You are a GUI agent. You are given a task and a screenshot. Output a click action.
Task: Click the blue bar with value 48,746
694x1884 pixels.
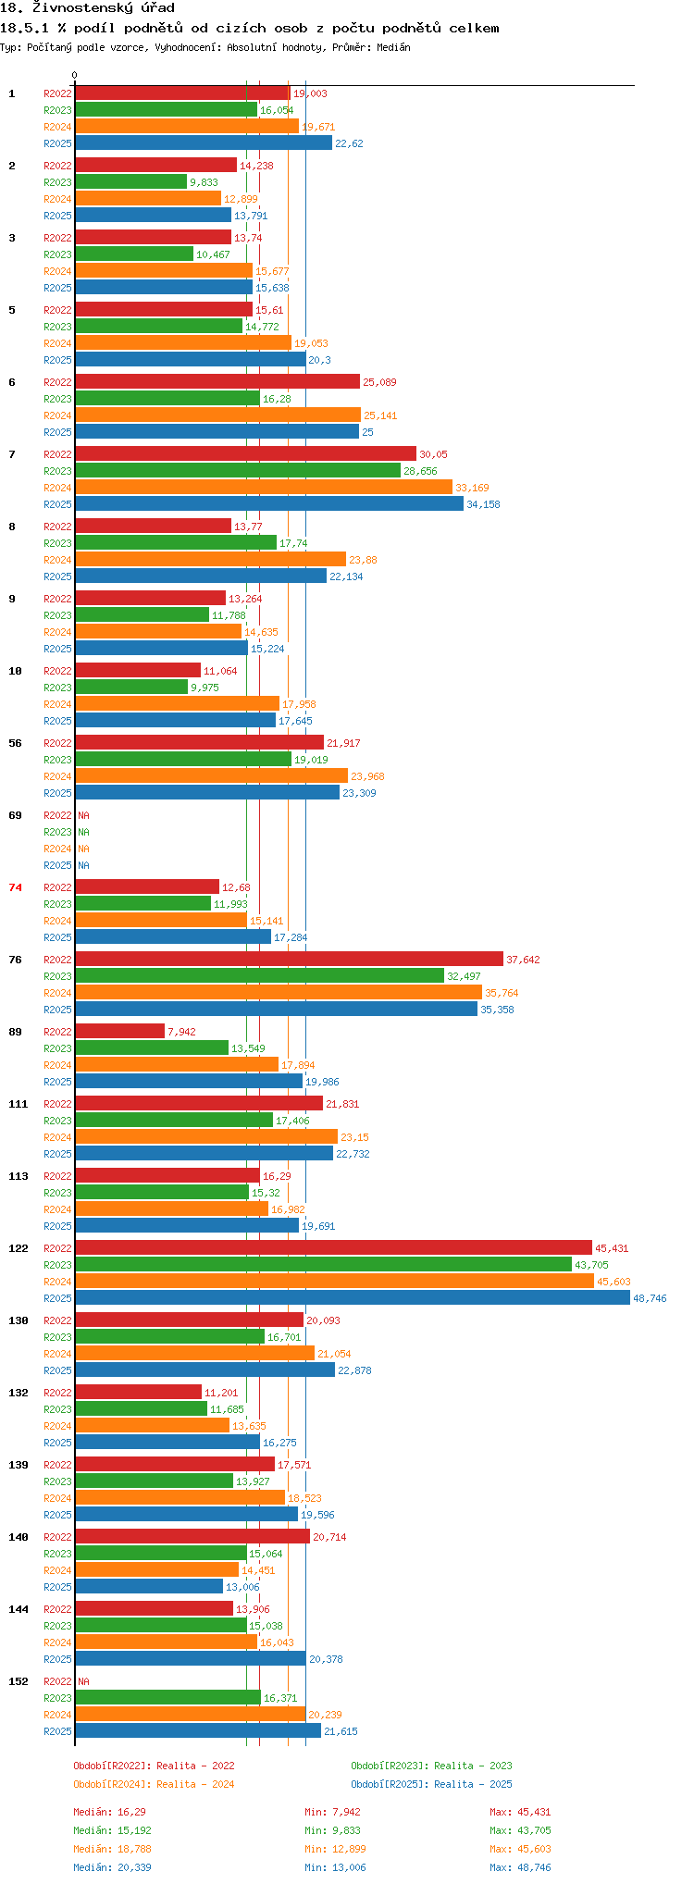[352, 1298]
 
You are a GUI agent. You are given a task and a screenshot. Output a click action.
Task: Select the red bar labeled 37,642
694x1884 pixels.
[289, 960]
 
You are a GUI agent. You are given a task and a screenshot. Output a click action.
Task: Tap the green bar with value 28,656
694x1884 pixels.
[238, 471]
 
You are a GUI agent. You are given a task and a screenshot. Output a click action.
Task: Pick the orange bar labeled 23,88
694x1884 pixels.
[210, 560]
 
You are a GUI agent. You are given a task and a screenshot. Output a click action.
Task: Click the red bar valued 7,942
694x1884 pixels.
[119, 1032]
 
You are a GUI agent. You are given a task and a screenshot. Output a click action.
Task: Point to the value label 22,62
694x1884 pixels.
[349, 143]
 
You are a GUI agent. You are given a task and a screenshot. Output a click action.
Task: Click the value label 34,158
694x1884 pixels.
[483, 504]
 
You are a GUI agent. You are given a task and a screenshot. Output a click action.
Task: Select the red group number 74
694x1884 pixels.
[15, 887]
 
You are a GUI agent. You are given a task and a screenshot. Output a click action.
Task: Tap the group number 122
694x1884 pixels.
[19, 1248]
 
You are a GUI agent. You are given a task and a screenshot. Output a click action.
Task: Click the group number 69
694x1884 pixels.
[15, 815]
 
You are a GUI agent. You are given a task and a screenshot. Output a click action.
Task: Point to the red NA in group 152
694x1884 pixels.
[83, 1681]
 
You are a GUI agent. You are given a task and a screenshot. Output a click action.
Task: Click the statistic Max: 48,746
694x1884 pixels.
[520, 1867]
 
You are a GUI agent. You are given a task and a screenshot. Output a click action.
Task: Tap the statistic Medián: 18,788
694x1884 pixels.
[112, 1849]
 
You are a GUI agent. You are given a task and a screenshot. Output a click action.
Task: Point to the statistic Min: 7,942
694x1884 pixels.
[332, 1812]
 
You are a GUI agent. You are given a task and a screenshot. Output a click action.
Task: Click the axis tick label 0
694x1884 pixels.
[75, 76]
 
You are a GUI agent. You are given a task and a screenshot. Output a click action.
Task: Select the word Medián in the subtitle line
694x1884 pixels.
[392, 47]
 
